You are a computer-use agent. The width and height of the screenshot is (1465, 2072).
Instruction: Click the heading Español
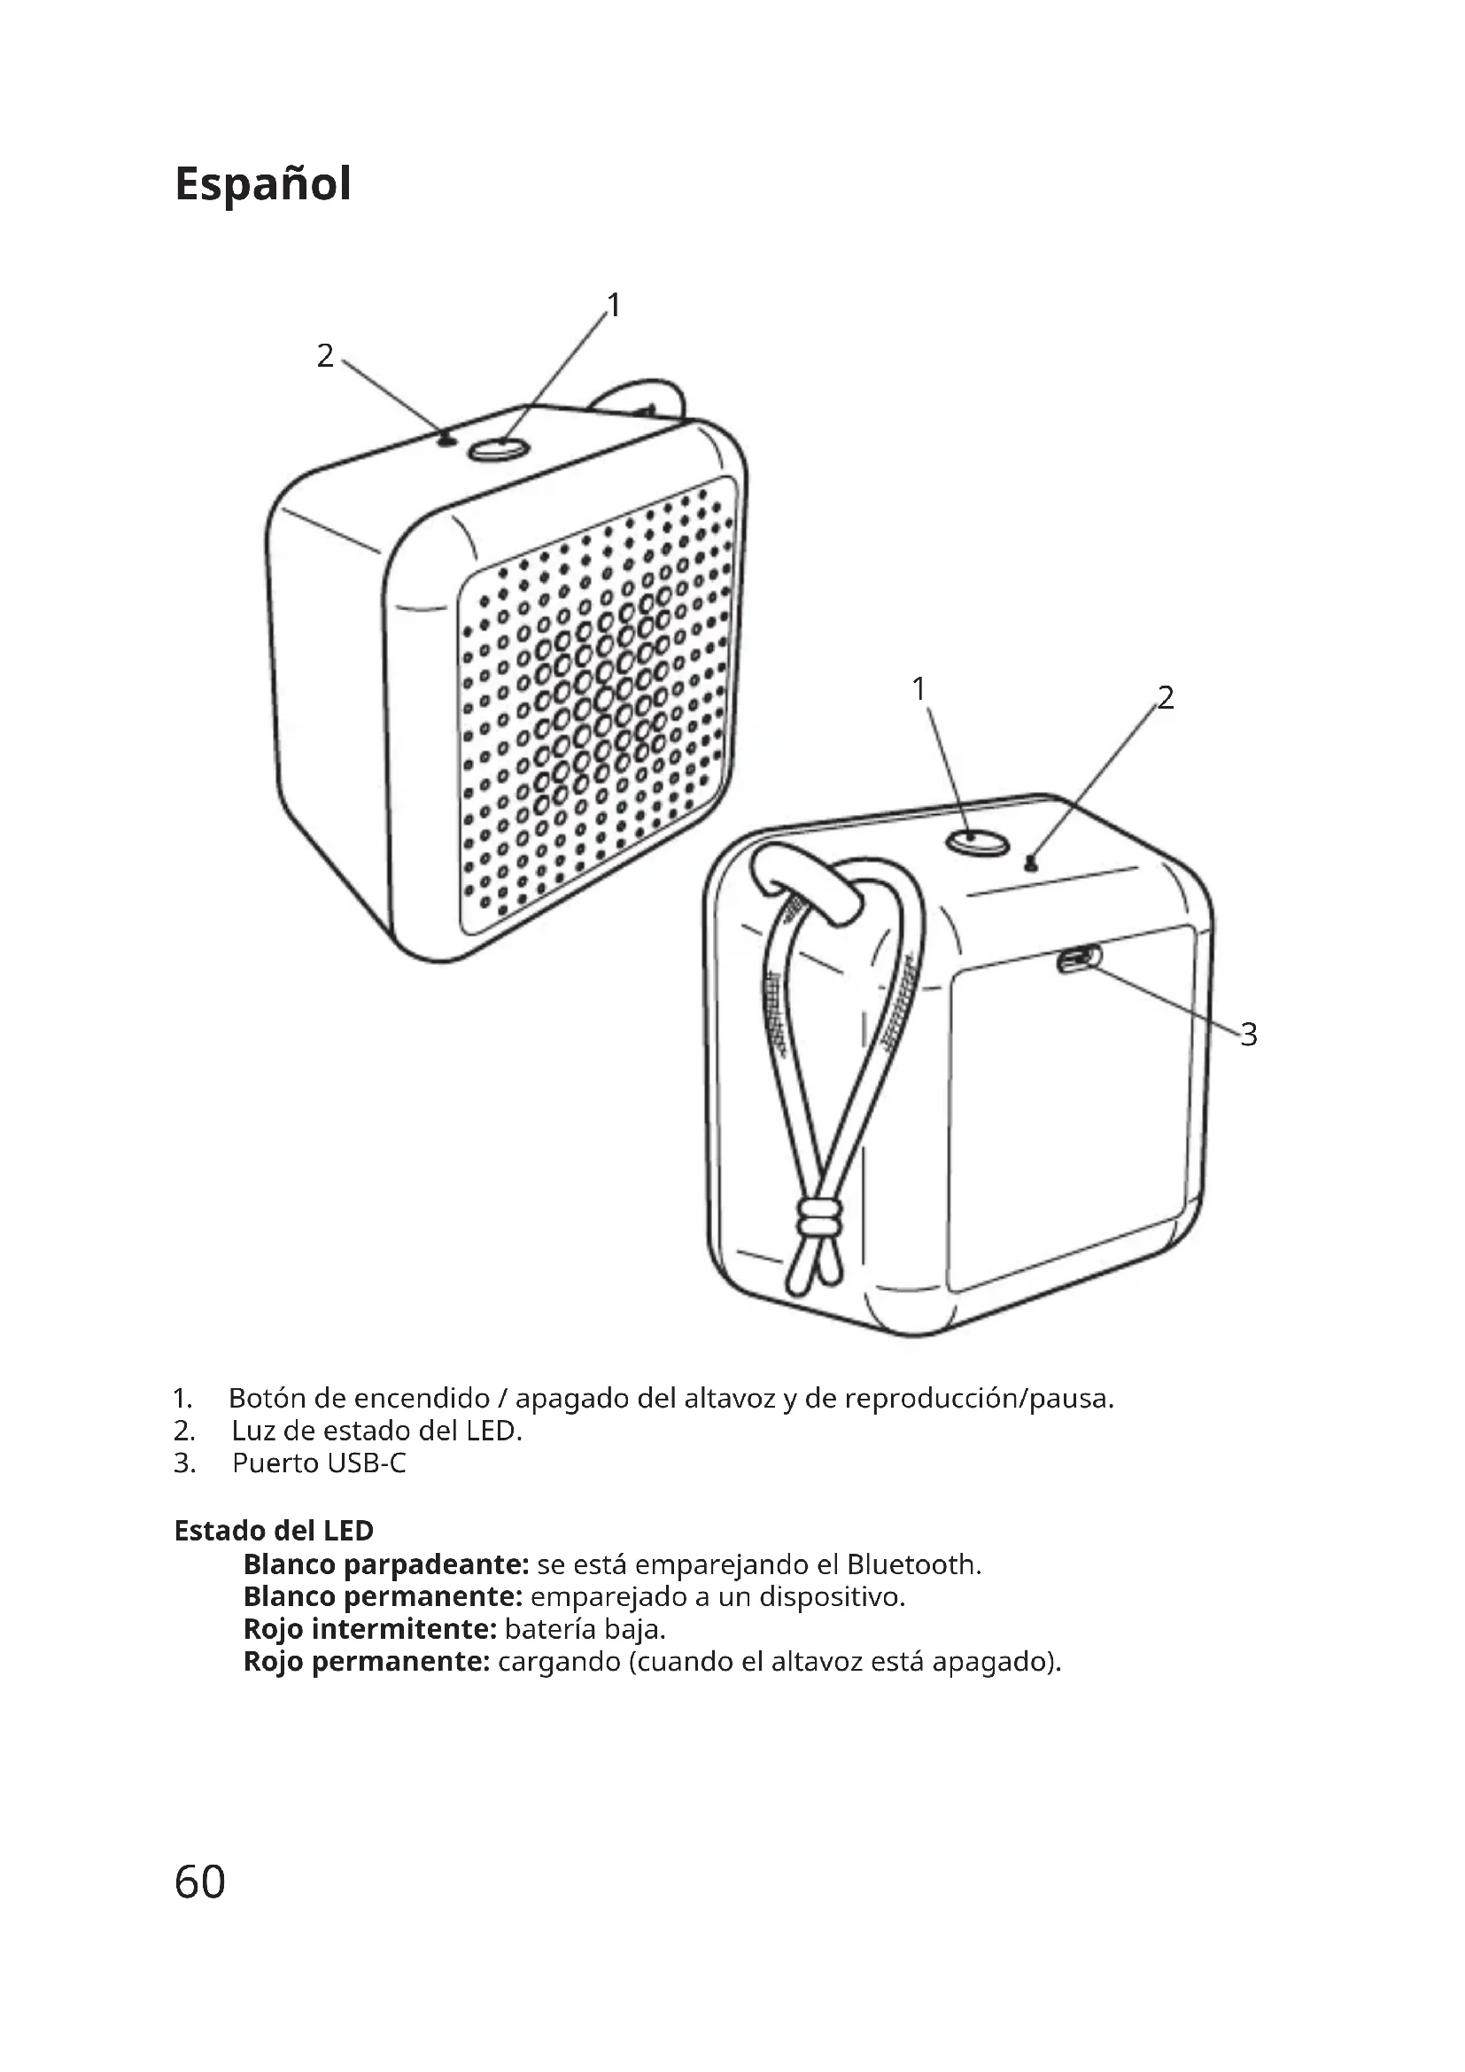[262, 184]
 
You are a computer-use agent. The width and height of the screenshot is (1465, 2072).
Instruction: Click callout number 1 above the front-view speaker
[614, 306]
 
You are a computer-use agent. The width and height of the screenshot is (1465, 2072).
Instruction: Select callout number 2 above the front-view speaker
[326, 355]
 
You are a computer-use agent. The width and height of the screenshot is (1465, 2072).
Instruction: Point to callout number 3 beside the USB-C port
[1249, 1034]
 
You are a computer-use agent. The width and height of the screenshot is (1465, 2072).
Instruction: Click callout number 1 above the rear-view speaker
[919, 689]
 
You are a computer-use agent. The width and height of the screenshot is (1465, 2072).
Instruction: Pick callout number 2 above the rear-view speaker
[1166, 697]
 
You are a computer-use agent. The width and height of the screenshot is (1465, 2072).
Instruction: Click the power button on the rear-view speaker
[977, 841]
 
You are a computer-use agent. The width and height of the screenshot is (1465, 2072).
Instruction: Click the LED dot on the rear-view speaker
[1032, 865]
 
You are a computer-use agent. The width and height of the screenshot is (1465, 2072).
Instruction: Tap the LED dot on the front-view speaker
[446, 440]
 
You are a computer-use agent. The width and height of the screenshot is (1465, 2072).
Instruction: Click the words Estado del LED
[274, 1531]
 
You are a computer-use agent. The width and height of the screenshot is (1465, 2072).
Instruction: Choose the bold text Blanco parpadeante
[386, 1564]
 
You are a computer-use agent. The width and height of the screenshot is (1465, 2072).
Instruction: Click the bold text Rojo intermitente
[371, 1629]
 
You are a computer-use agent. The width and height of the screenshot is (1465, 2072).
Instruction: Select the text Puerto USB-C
[320, 1463]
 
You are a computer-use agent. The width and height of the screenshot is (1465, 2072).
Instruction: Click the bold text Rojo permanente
[368, 1661]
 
